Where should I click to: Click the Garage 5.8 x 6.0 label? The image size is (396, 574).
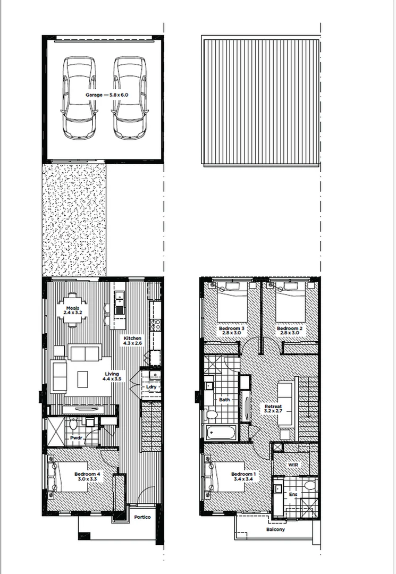[107, 95]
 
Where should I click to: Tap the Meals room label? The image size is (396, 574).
[73, 311]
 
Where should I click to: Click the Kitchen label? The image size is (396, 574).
[132, 341]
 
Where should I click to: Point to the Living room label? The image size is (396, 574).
[112, 376]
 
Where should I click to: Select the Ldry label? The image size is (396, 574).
[151, 387]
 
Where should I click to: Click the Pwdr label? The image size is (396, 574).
[75, 437]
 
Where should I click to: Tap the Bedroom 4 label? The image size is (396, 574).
[87, 476]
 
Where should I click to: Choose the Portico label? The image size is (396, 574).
[142, 517]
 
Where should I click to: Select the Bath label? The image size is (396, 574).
[224, 400]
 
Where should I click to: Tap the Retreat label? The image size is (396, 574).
[273, 410]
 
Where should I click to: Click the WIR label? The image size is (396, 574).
[293, 465]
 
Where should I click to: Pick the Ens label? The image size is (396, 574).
[293, 495]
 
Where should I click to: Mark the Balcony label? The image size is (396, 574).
[275, 529]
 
